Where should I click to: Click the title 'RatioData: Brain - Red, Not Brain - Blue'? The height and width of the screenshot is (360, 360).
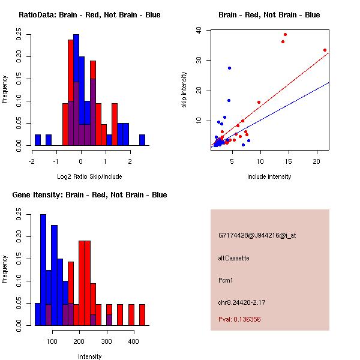point(89,14)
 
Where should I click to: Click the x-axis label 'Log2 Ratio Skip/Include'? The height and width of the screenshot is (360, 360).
point(89,177)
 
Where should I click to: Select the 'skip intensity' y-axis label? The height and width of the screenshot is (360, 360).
point(184,90)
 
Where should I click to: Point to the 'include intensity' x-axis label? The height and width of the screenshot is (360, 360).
point(269,177)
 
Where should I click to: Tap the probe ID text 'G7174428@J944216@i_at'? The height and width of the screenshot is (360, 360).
point(257,235)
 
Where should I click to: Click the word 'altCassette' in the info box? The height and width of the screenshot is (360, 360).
point(234,258)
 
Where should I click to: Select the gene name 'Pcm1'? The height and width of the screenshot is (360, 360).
point(226,280)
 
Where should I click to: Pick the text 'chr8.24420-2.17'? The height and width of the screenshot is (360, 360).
point(242,302)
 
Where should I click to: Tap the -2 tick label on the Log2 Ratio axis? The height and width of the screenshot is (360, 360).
point(31,161)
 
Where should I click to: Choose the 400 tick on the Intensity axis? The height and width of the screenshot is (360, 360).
point(134,341)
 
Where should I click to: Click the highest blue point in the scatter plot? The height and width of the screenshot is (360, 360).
point(229,68)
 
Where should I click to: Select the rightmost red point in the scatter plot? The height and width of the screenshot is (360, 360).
point(325,50)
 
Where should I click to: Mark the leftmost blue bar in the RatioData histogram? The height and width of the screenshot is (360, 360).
point(38,140)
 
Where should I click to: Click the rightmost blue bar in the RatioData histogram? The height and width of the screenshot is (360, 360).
point(142,140)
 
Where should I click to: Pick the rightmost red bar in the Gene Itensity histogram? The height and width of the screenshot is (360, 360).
point(142,315)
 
